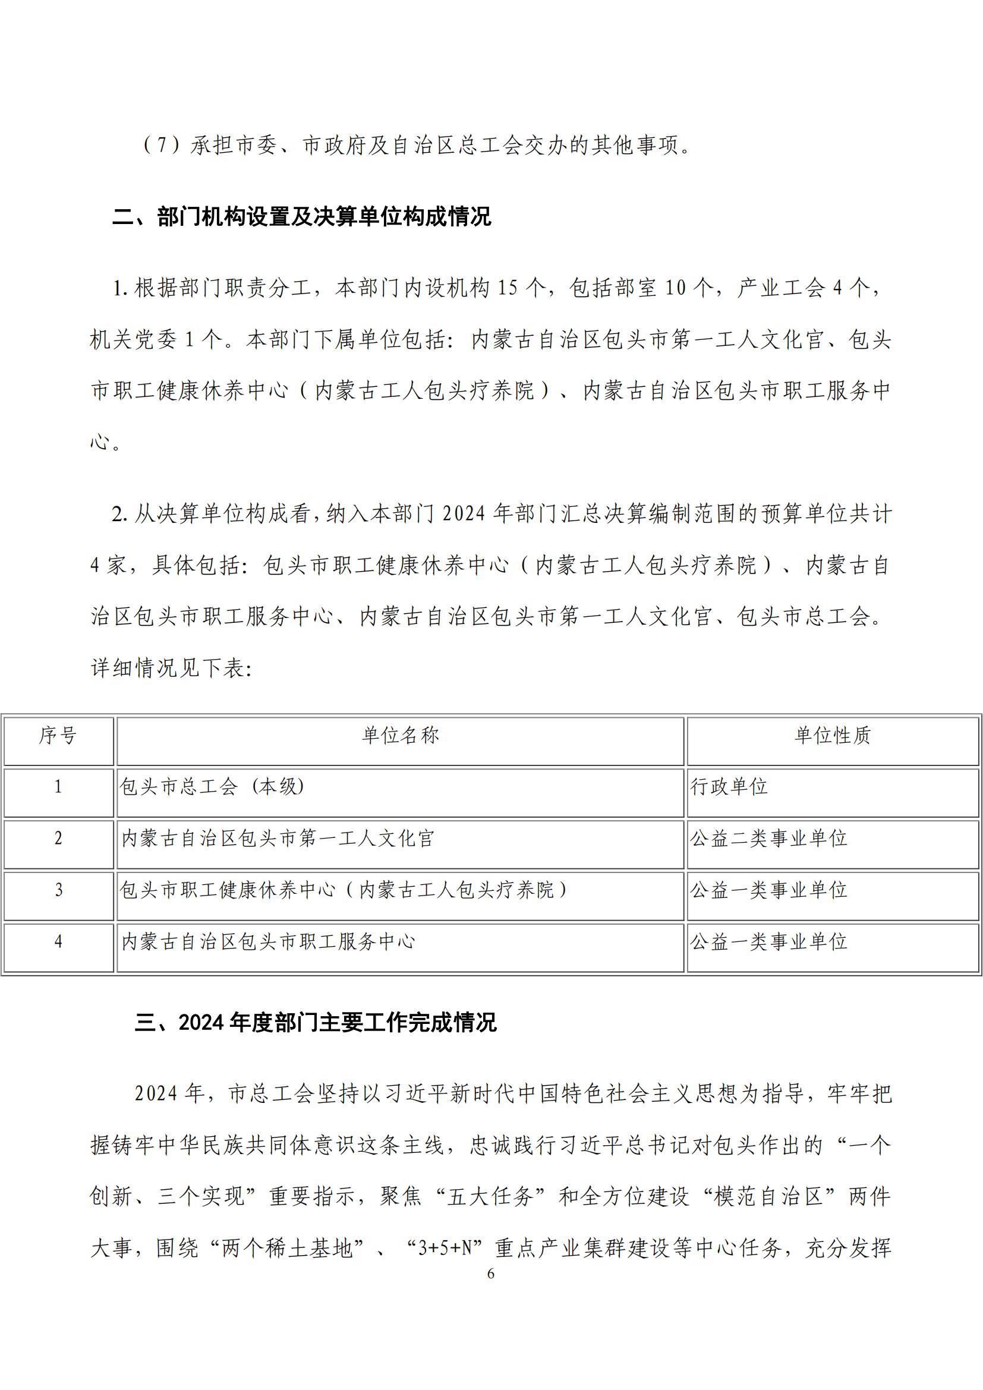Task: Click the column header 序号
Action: click(58, 736)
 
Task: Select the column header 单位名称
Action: click(400, 736)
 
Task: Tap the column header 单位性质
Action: click(832, 736)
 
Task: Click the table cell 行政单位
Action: click(729, 787)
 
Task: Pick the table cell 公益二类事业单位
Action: click(768, 839)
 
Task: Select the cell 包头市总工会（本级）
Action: click(212, 787)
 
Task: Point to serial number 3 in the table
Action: click(58, 890)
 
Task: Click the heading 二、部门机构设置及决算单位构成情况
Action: click(301, 217)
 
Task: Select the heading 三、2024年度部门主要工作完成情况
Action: click(316, 1023)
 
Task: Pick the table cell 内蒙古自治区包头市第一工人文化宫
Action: click(278, 839)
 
